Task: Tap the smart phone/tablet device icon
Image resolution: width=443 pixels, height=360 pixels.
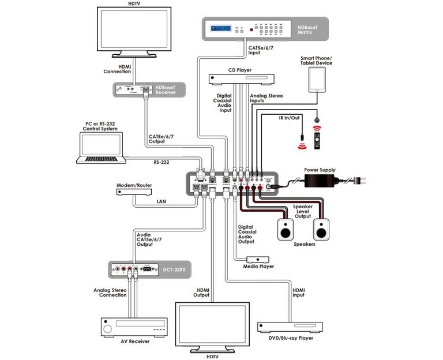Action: click(317, 80)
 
